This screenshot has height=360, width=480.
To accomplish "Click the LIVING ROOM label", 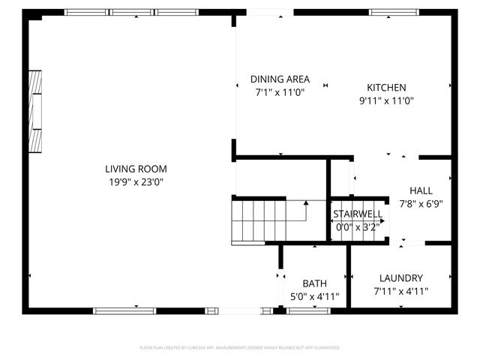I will [x=136, y=169].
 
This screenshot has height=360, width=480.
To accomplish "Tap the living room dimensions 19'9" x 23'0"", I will [x=136, y=181].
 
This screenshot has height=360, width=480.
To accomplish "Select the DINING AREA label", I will [x=280, y=79].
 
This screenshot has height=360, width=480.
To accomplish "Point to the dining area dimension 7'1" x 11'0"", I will [x=280, y=92].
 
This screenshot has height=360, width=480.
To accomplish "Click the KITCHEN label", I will [x=386, y=87].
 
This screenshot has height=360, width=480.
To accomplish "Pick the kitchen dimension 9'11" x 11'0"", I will [x=386, y=100].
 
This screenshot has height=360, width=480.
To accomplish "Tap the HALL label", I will [x=421, y=190].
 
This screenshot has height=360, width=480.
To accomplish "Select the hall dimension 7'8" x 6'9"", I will [x=421, y=203].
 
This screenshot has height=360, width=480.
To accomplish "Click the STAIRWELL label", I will [x=358, y=214].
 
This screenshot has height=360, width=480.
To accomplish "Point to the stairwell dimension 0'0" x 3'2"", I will [x=358, y=226].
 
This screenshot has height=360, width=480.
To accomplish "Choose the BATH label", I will [x=314, y=283].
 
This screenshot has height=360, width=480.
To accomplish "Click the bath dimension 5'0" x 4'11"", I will [x=314, y=296].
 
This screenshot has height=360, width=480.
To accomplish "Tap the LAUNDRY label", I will [x=400, y=277].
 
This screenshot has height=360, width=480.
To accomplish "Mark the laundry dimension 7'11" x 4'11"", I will [x=400, y=290].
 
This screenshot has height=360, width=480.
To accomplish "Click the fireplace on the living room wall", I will [x=35, y=112].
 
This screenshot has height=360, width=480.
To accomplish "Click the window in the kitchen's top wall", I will [x=394, y=12].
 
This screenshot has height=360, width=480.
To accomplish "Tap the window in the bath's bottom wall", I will [x=308, y=310].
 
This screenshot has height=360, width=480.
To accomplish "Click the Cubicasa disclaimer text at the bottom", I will [x=240, y=348].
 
